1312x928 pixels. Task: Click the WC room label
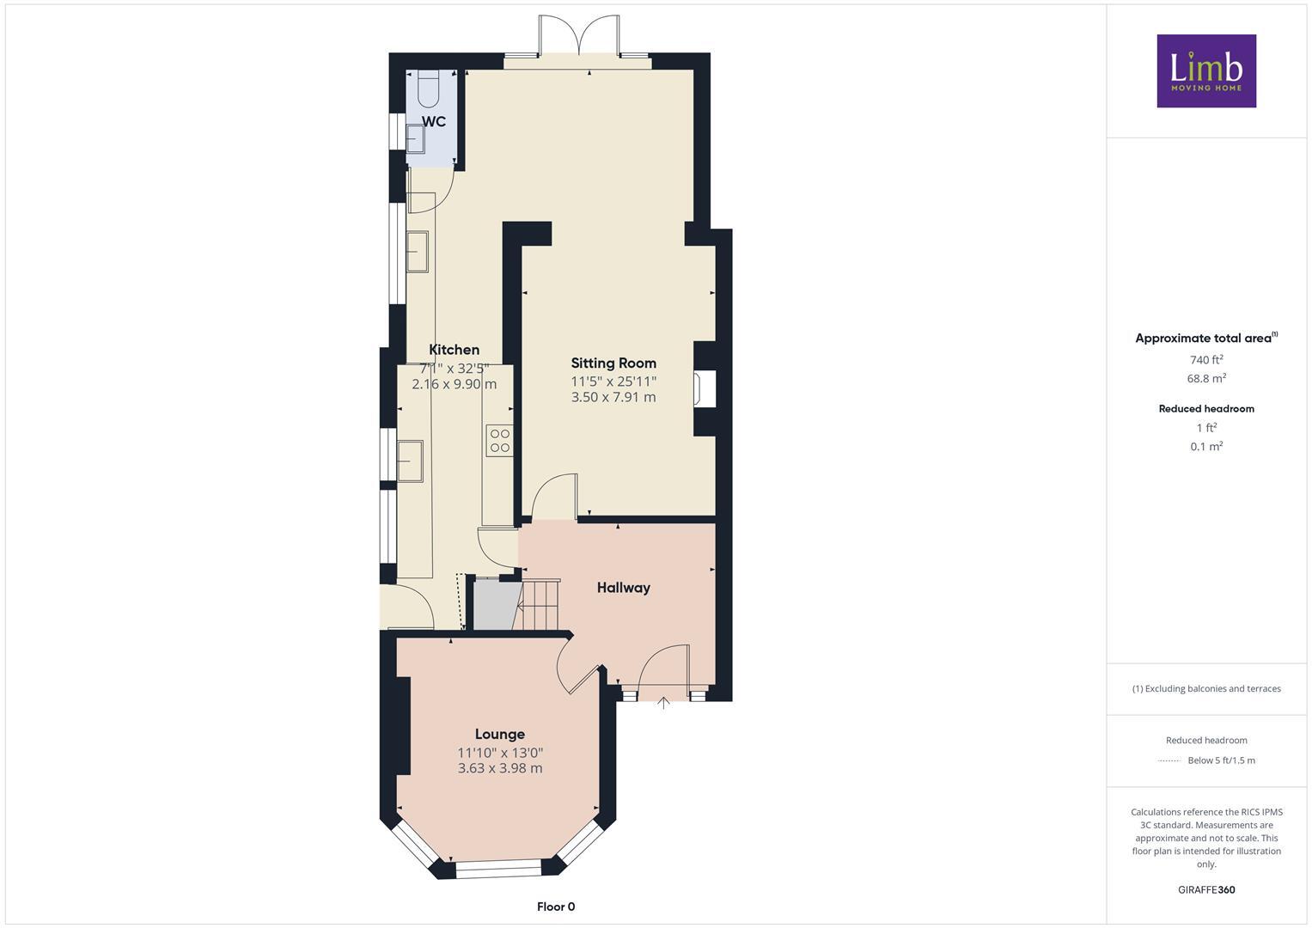click(x=434, y=122)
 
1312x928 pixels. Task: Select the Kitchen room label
click(x=454, y=350)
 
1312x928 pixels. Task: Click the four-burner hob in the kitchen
click(x=499, y=441)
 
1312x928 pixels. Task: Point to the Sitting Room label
click(x=613, y=363)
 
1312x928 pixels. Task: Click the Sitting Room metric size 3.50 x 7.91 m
click(x=613, y=397)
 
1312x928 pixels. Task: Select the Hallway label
click(x=624, y=588)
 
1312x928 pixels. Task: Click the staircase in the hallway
click(x=538, y=605)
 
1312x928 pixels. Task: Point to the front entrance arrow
click(x=663, y=703)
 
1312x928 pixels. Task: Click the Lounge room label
click(x=500, y=734)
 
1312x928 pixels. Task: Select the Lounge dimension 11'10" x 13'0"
click(x=500, y=753)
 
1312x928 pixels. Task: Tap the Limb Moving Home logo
click(x=1206, y=70)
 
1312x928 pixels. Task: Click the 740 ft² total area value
click(x=1206, y=360)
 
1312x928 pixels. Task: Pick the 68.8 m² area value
click(x=1206, y=378)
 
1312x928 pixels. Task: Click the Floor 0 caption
click(x=556, y=907)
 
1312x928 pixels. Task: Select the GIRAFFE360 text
click(x=1206, y=890)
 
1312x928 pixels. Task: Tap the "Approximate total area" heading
click(x=1205, y=339)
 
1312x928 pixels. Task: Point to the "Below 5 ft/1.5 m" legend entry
click(x=1221, y=760)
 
